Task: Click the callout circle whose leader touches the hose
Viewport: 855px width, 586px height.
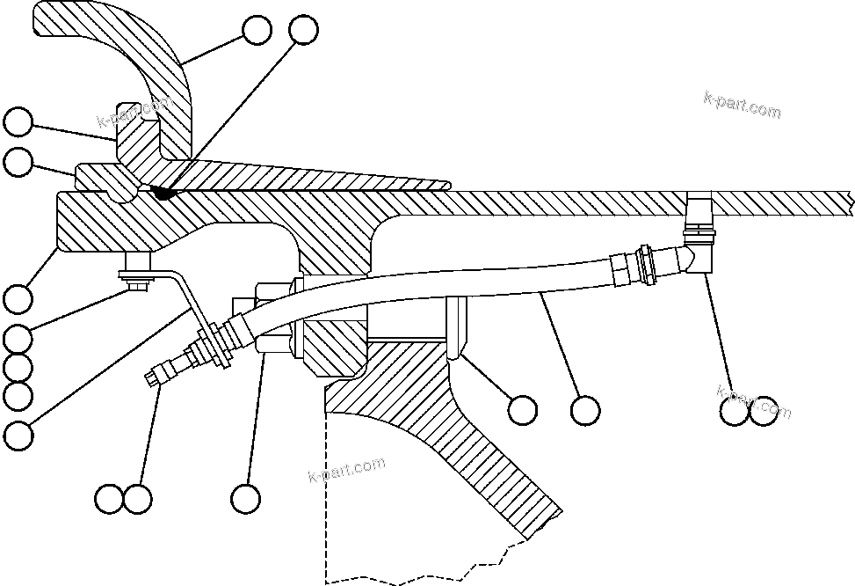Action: click(x=584, y=409)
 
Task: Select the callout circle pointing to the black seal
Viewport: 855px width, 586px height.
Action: click(x=303, y=29)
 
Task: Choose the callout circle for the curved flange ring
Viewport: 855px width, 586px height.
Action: click(x=257, y=30)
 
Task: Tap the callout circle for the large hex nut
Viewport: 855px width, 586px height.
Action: click(x=245, y=499)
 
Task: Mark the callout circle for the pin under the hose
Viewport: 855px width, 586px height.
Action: click(x=523, y=408)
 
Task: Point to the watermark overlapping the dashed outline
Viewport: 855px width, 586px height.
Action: click(x=347, y=471)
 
